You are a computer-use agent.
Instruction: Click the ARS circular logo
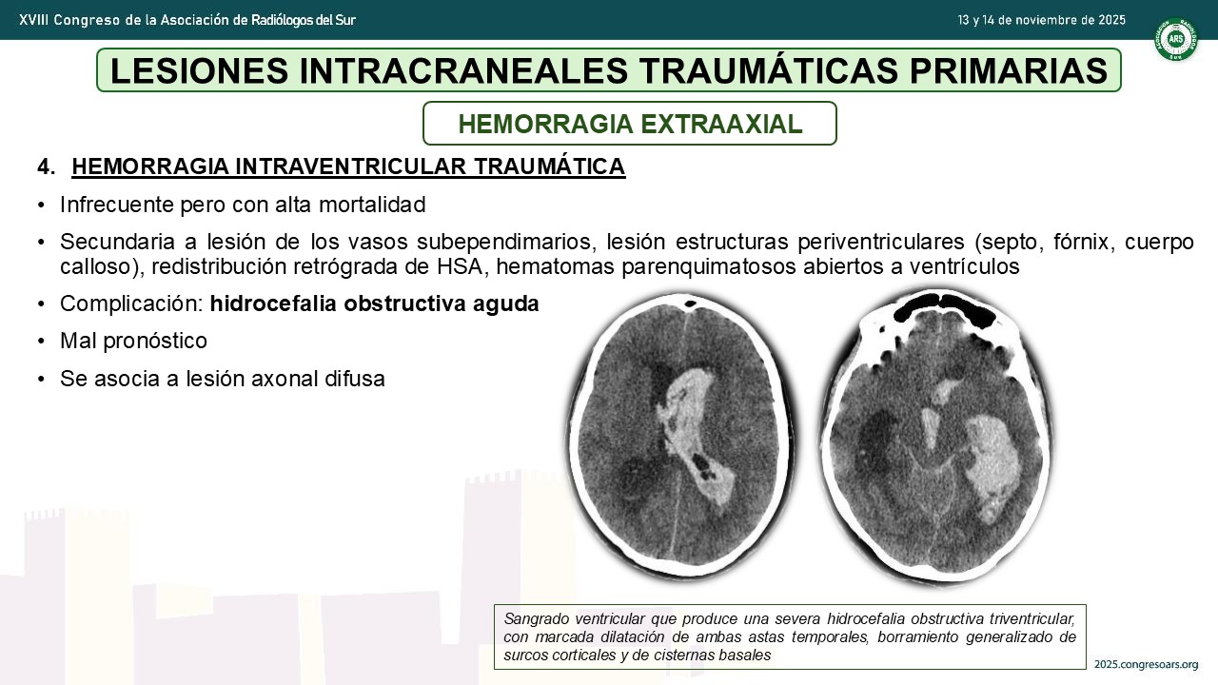click(1176, 39)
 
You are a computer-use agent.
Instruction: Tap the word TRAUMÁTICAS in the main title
click(768, 70)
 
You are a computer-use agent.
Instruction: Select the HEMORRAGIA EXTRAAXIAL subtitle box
click(630, 124)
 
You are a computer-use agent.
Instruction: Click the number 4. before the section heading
click(47, 166)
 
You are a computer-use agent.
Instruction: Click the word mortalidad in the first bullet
click(372, 205)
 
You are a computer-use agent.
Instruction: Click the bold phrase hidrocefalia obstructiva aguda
click(374, 303)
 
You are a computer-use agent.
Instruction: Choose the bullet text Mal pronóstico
click(134, 342)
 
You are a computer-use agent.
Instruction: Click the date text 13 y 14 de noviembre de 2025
click(1041, 20)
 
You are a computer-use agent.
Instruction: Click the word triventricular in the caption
click(1032, 618)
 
